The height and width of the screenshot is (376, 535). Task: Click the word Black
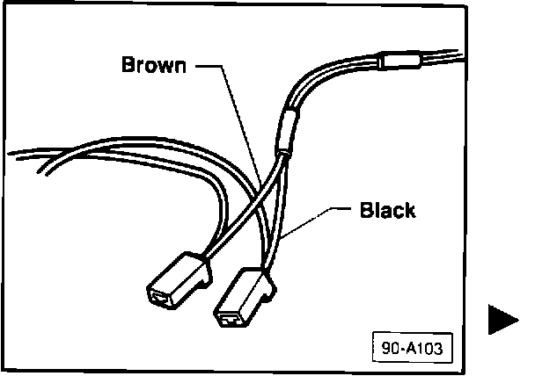387,211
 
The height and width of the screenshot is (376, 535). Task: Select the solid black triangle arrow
503,321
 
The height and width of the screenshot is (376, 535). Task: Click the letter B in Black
365,211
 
